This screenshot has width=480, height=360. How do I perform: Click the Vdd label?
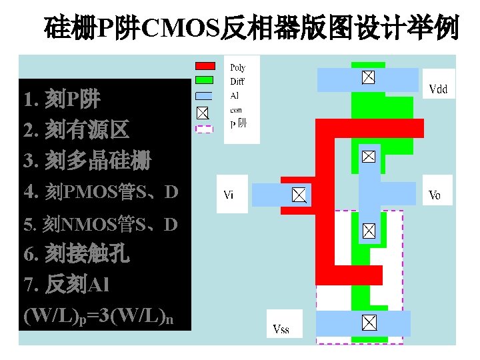[438, 89]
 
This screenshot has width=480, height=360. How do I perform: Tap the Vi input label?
[228, 195]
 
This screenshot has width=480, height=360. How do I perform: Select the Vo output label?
[435, 195]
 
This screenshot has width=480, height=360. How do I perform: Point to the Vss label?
[281, 329]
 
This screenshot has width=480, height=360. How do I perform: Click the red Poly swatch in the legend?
[205, 66]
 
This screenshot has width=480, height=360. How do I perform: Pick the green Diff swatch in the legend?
[203, 81]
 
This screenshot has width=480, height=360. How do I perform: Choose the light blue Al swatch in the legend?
[203, 95]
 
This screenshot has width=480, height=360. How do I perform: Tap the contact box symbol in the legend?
[203, 111]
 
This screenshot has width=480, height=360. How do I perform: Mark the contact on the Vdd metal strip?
[368, 78]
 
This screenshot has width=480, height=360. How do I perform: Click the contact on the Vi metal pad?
[299, 195]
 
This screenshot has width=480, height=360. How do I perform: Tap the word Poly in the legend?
[237, 67]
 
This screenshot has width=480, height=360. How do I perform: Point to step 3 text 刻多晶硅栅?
[87, 161]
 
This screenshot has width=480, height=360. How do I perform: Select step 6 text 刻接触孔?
[76, 254]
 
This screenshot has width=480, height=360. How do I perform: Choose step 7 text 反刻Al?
[66, 285]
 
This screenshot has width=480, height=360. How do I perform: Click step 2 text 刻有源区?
[76, 131]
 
